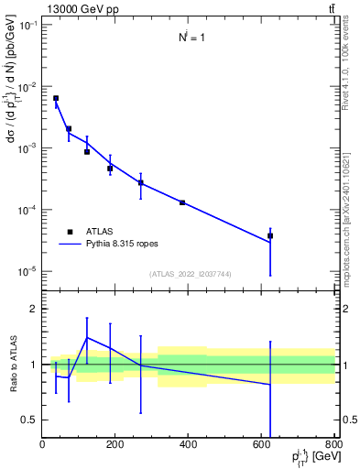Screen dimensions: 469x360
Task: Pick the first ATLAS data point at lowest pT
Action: coord(56,98)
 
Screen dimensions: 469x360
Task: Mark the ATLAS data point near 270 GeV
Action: coord(141,182)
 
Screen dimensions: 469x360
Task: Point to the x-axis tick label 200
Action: coord(115,446)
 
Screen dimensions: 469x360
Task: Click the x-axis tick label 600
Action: coord(262,446)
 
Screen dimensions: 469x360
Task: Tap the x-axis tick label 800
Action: coord(334,446)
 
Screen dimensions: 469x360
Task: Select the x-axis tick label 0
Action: coord(42,446)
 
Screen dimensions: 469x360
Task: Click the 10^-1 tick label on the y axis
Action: coord(27,25)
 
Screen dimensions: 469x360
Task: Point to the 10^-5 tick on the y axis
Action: coord(27,271)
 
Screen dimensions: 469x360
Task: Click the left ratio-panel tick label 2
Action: coord(34,309)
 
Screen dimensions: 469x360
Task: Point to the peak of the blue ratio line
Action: coord(87,337)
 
